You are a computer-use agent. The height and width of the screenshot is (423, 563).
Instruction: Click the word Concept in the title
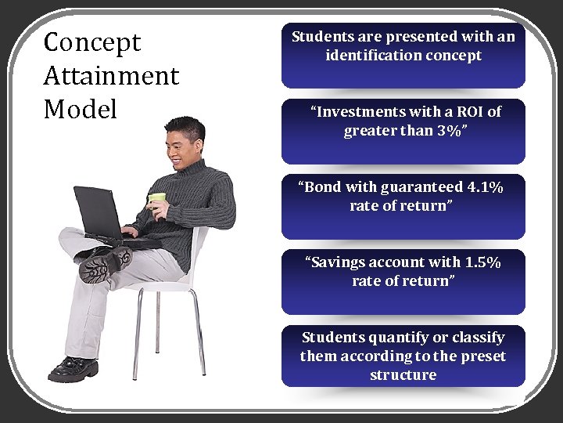[92, 42]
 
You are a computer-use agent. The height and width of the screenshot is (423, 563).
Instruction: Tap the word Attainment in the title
[111, 76]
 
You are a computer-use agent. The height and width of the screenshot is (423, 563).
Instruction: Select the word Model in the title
[80, 110]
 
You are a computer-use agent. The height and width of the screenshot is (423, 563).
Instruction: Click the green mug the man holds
[157, 201]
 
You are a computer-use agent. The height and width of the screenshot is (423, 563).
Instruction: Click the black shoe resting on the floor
[73, 368]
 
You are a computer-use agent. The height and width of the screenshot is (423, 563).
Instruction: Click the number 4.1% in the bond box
[484, 187]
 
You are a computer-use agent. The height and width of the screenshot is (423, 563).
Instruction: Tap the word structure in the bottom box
[403, 375]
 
